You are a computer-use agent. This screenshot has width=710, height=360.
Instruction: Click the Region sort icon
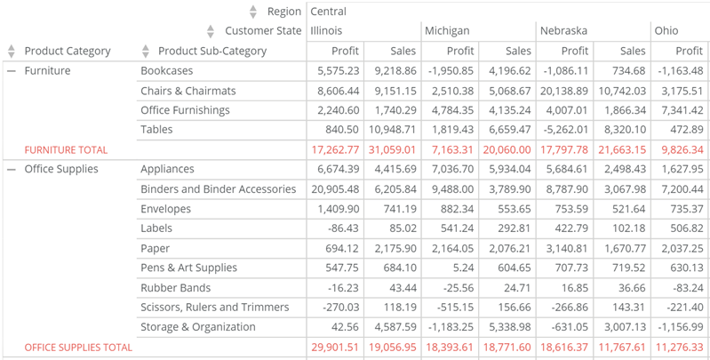click(x=253, y=12)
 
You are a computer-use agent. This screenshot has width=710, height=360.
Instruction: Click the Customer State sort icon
click(x=211, y=31)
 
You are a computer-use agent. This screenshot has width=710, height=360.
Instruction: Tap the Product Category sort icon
click(x=12, y=51)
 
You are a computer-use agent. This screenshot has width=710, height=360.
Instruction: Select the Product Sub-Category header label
click(x=211, y=51)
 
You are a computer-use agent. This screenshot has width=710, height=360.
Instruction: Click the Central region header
click(x=328, y=12)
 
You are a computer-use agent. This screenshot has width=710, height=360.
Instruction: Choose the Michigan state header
click(x=447, y=31)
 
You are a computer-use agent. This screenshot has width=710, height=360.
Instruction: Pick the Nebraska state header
click(x=563, y=31)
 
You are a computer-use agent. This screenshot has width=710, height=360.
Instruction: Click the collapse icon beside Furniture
click(x=12, y=70)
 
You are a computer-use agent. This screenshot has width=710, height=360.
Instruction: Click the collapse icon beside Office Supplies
click(x=12, y=169)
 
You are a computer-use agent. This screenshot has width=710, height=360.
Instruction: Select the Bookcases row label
click(x=167, y=70)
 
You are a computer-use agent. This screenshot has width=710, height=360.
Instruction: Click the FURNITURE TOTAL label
click(x=66, y=150)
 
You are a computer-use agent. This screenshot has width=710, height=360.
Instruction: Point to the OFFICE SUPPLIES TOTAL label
click(x=78, y=348)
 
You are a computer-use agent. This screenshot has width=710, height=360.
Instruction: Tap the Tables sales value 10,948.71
click(x=392, y=130)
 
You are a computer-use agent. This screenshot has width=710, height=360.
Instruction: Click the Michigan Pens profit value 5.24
click(x=463, y=268)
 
